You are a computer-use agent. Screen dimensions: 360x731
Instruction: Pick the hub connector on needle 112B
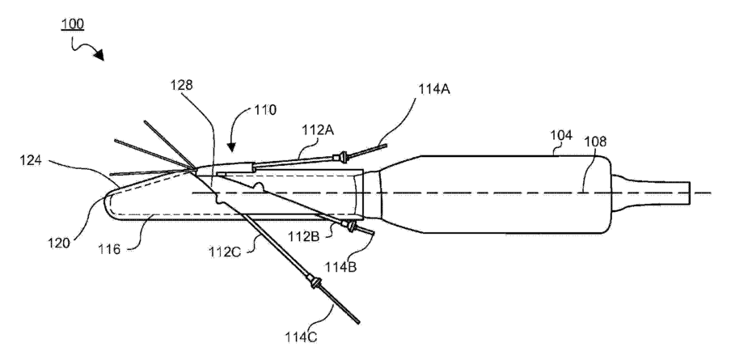pyautogui.click(x=352, y=226)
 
